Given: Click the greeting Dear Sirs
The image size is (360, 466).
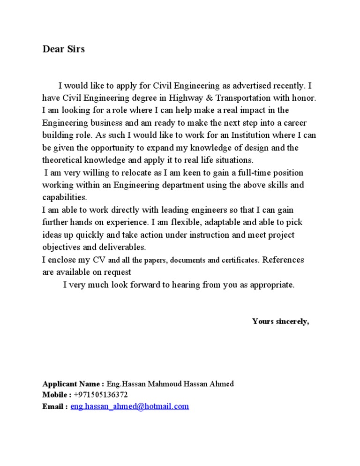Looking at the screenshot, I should [x=63, y=49].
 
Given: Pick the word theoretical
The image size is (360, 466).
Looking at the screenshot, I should [x=62, y=160].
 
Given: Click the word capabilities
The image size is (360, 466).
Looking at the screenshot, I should [x=64, y=197].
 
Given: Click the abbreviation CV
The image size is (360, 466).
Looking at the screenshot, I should [x=99, y=260].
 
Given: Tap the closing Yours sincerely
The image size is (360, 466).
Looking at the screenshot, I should [x=280, y=321].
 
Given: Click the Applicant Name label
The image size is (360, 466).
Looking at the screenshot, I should [x=73, y=384].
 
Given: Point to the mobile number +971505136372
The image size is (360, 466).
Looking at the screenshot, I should [x=101, y=395].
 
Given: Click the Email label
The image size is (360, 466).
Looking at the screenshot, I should [x=55, y=406].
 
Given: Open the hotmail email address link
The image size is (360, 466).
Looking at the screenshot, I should [x=129, y=406].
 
